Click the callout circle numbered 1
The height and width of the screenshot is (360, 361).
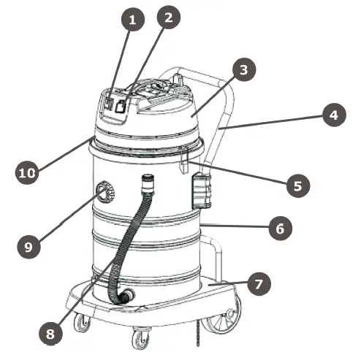pyautogui.click(x=132, y=21)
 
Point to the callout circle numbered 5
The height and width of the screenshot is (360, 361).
pyautogui.click(x=296, y=185)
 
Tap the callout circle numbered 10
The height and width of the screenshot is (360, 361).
pyautogui.click(x=26, y=174)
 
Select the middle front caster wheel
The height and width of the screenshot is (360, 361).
pyautogui.click(x=139, y=337)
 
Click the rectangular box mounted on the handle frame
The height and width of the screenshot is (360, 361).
pyautogui.click(x=199, y=190)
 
